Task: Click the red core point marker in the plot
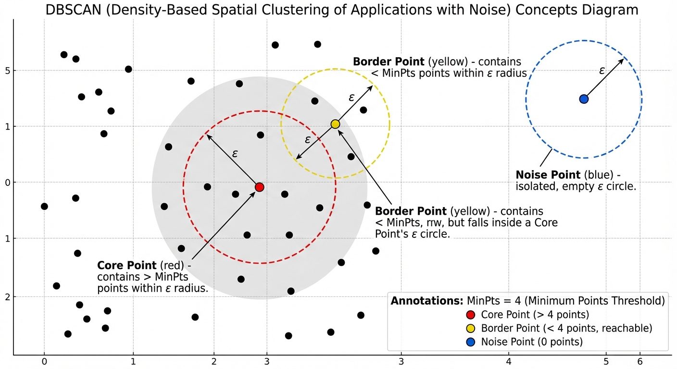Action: (x=260, y=187)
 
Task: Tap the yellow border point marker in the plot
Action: (x=335, y=124)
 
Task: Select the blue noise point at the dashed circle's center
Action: (x=584, y=99)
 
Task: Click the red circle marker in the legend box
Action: (x=470, y=315)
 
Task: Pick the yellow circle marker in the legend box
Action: (x=470, y=328)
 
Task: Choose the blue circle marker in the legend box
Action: (x=470, y=342)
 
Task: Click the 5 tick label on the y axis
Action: (x=8, y=71)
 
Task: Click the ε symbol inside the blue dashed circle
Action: (x=602, y=71)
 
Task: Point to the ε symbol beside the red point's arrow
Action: (x=235, y=154)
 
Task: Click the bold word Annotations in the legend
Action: (x=426, y=301)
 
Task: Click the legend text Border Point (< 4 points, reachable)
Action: (x=566, y=328)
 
